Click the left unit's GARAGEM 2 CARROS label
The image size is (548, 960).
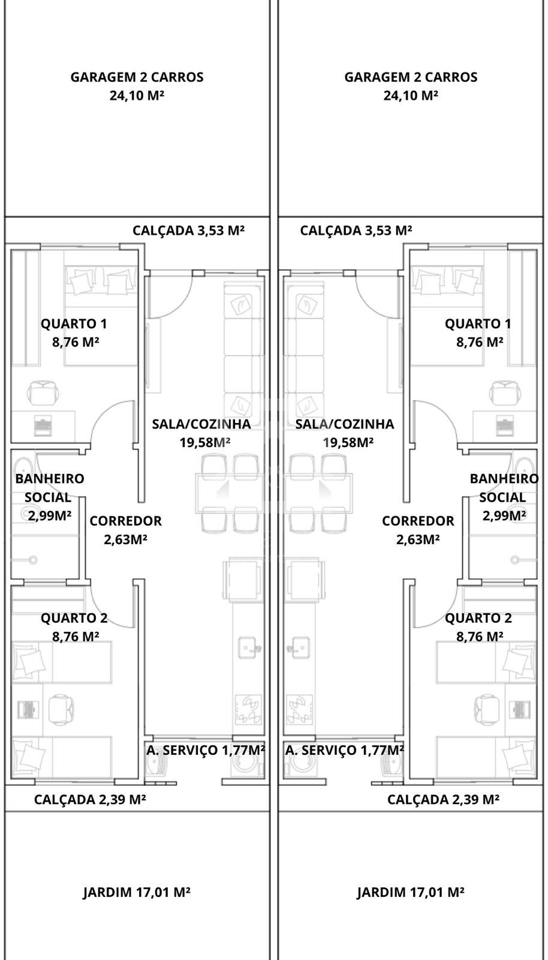[x=137, y=77]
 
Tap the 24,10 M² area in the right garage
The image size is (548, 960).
[x=411, y=95]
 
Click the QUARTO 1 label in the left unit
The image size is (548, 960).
[x=74, y=323]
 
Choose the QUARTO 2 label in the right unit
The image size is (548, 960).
[x=478, y=618]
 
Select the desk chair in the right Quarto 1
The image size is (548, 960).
[x=505, y=393]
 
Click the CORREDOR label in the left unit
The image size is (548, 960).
[x=125, y=521]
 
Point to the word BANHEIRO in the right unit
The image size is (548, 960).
[x=504, y=478]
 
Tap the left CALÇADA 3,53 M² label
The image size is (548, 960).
[x=188, y=230]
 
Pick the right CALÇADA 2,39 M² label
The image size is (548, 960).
[x=443, y=799]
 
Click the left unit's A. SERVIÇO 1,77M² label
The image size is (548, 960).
[x=206, y=750]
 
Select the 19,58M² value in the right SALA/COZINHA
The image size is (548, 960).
[x=348, y=442]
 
